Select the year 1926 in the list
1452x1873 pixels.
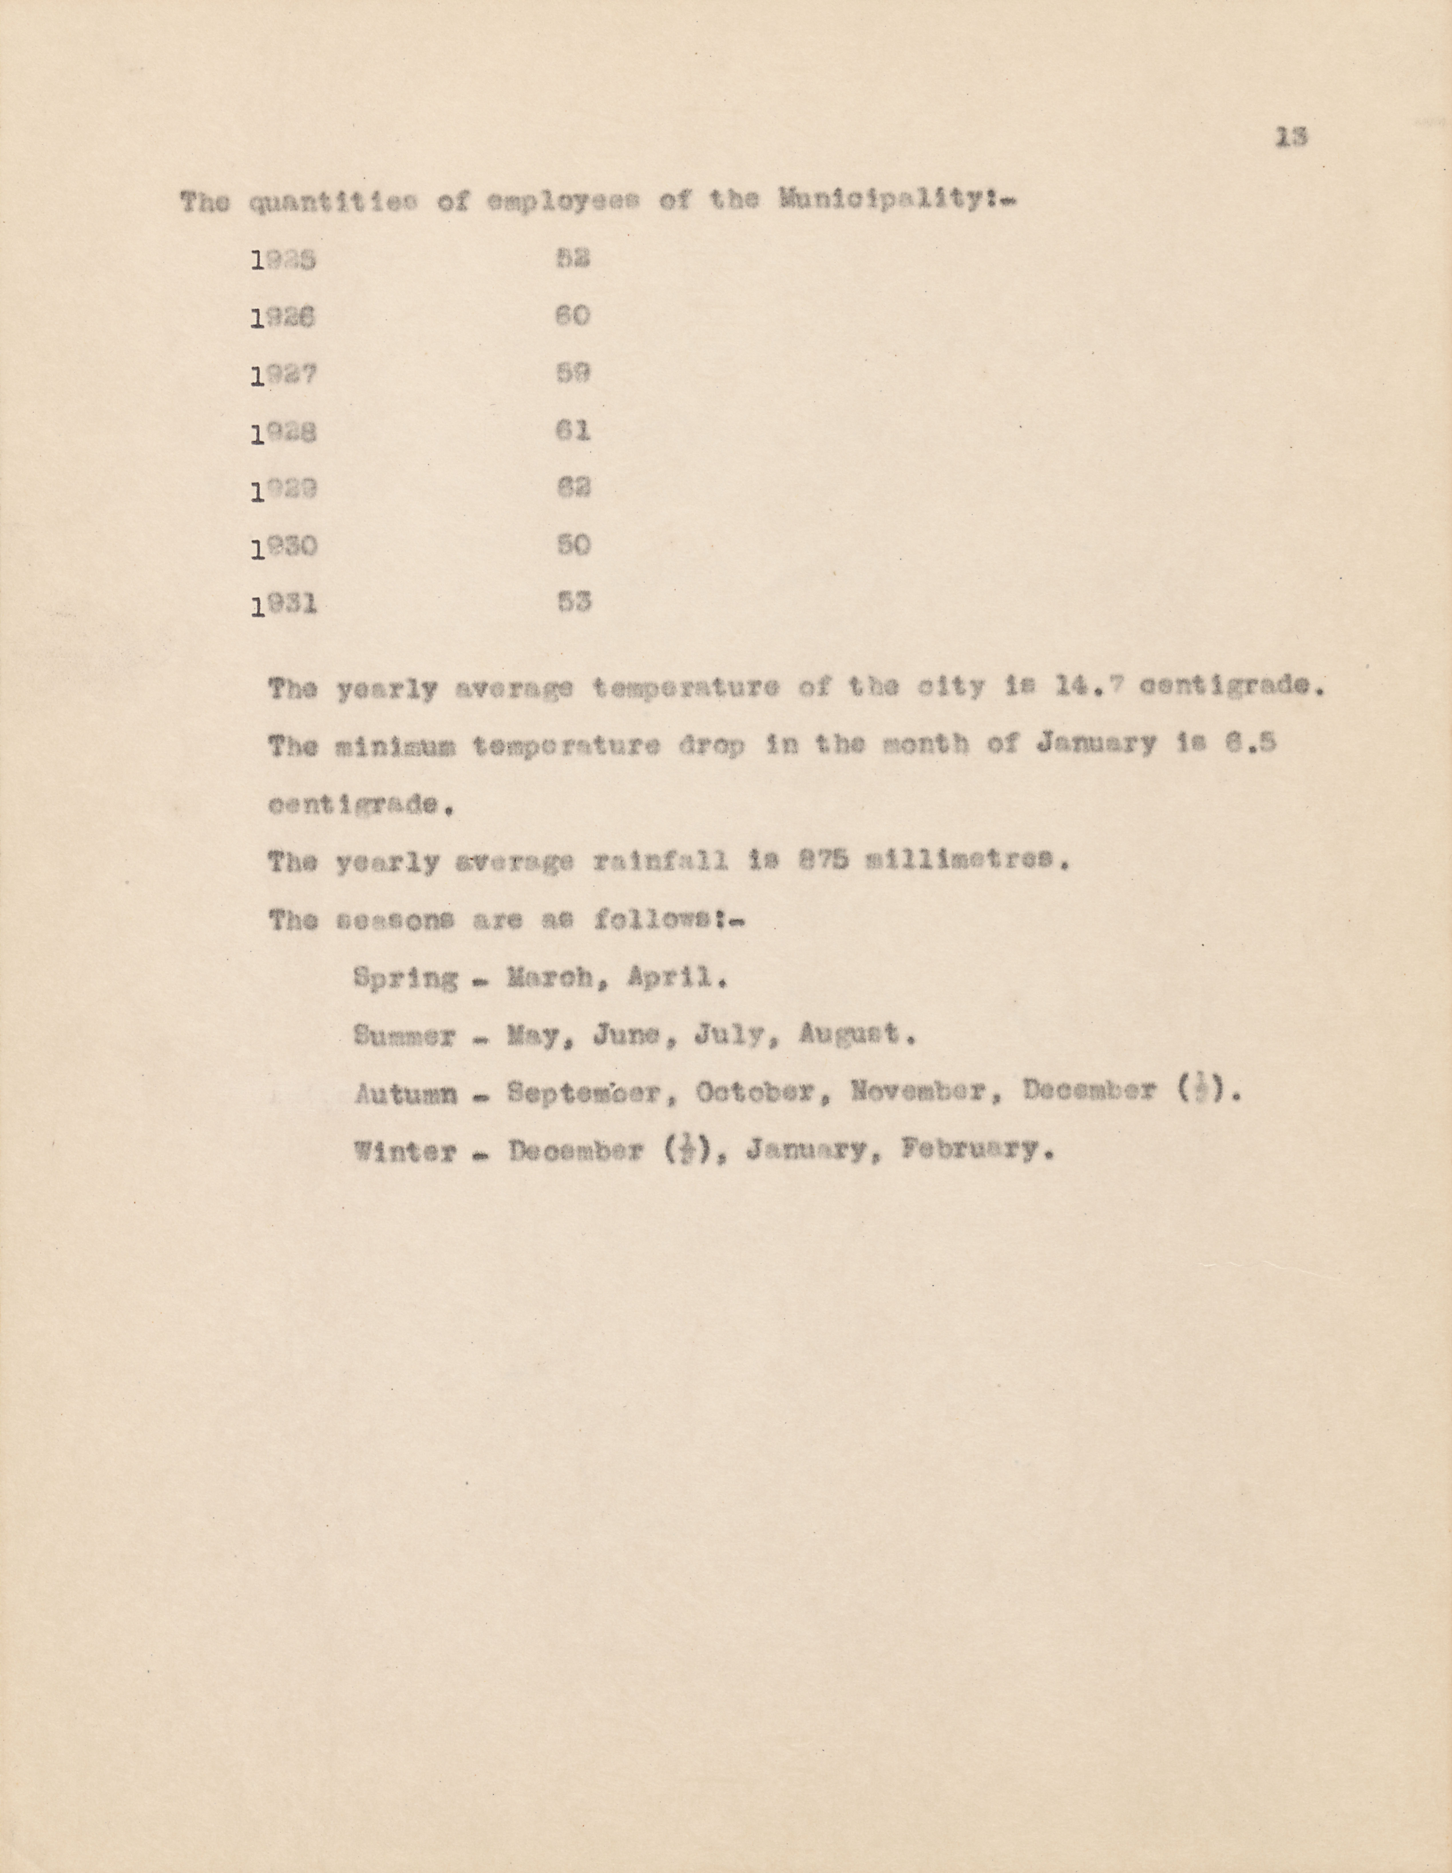pyautogui.click(x=284, y=317)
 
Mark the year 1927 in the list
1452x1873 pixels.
pyautogui.click(x=284, y=375)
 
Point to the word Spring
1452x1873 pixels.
pyautogui.click(x=405, y=978)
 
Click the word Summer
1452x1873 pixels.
pyautogui.click(x=405, y=1036)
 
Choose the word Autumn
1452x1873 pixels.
pyautogui.click(x=405, y=1093)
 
